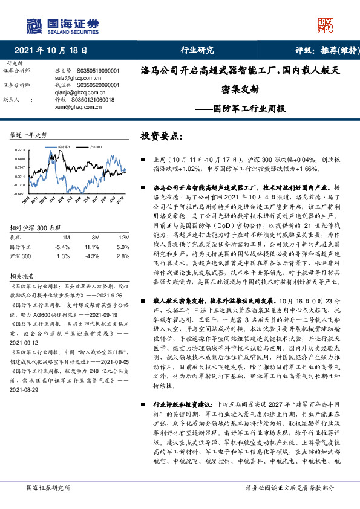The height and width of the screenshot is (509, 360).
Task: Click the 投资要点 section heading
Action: click(160, 137)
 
